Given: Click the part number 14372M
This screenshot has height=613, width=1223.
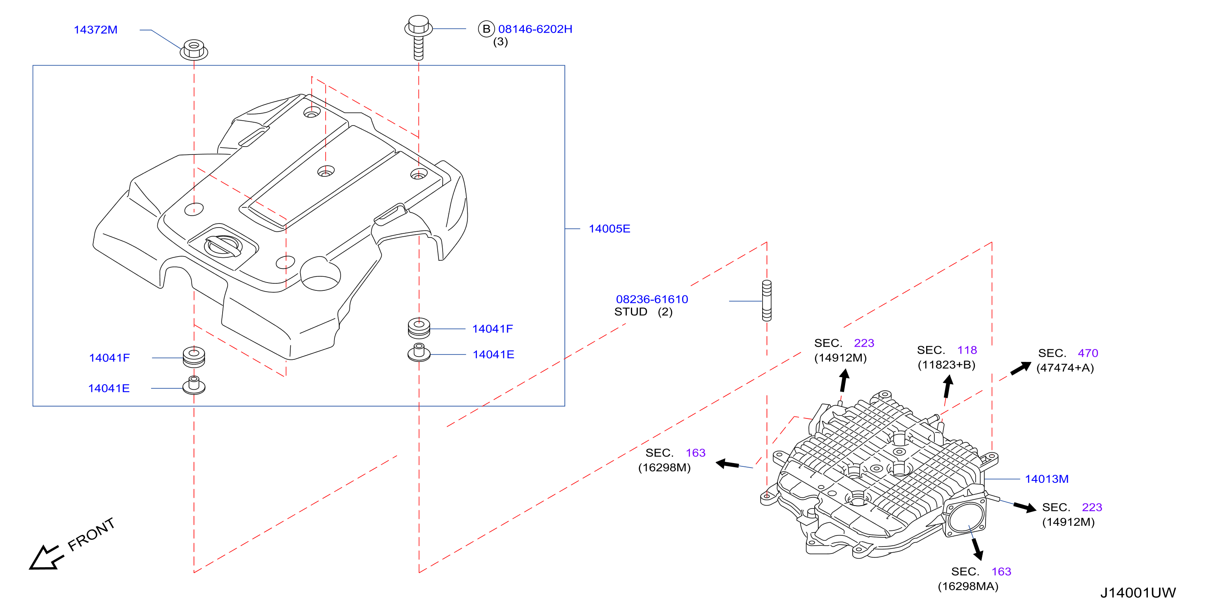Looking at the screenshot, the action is pos(95,29).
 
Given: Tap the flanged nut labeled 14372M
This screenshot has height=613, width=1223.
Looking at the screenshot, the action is pos(194,50).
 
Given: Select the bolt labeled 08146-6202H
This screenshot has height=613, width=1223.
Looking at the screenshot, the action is pos(418,38).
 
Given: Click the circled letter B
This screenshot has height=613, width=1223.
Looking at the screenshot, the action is pos(486,29).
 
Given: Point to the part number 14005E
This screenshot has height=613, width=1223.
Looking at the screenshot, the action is pos(609,228).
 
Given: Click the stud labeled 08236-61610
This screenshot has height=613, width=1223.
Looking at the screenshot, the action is pos(767,301).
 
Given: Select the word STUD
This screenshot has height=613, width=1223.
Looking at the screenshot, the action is pos(630,312).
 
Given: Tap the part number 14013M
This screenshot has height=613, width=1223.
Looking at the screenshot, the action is pos(1046,479).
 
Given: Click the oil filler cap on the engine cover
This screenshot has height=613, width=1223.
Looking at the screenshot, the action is pos(223,246).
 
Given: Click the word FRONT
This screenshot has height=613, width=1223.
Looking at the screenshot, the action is pos(91,534).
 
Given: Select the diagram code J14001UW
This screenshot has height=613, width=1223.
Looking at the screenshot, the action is pos(1138,593).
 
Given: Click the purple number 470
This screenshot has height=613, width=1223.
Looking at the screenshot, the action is pos(1088,353).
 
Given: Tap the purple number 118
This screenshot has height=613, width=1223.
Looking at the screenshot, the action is pos(967,350).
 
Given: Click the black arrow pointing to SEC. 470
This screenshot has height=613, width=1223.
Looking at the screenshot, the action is pos(1021,368).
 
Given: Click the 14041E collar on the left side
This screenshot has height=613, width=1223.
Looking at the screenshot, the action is pos(194,385).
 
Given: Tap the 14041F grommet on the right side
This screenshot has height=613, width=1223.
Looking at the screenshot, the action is pos(419,328).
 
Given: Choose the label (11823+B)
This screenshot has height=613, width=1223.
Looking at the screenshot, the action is pos(946,365).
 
